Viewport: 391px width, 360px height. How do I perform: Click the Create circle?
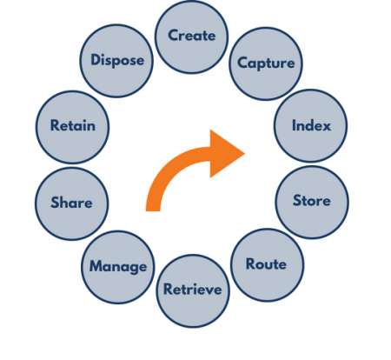pyautogui.click(x=191, y=37)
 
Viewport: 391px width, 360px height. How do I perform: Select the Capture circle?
pyautogui.click(x=265, y=63)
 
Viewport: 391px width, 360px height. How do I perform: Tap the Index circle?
pyautogui.click(x=309, y=125)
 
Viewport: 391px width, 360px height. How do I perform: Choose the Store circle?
pyautogui.click(x=311, y=201)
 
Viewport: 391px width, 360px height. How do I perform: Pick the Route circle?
pyautogui.click(x=265, y=263)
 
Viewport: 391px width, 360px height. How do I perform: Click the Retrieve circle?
pyautogui.click(x=193, y=289)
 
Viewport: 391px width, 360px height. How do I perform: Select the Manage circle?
pyautogui.click(x=117, y=265)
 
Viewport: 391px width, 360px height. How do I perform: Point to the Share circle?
pyautogui.click(x=71, y=203)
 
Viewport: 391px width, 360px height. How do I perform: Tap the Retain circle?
pyautogui.click(x=72, y=126)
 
